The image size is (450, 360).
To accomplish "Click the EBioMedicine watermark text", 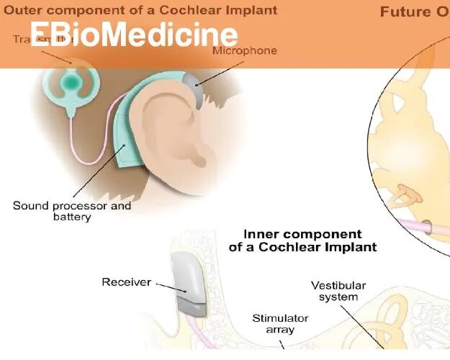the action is coord(134,35).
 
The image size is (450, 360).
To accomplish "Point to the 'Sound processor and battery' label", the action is coord(72,210).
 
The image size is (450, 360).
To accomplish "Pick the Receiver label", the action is coord(126,282).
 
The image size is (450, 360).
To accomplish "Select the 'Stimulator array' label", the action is coord(280,323).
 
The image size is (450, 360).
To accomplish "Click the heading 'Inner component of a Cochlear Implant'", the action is coord(302,240).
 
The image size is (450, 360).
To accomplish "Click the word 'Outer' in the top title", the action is coord(24,11).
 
